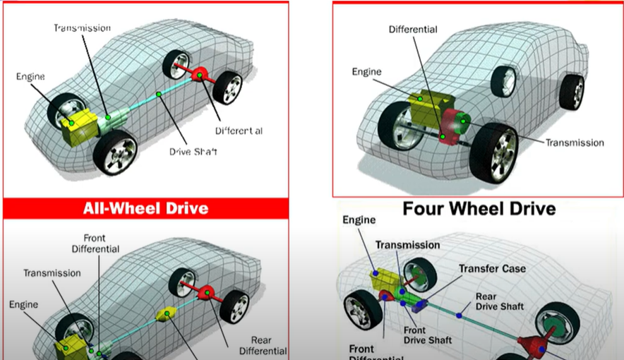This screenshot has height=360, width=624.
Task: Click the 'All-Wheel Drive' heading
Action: pos(146,208)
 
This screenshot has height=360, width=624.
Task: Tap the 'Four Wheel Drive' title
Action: pos(479,208)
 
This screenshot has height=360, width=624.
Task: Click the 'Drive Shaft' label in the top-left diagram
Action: pos(193,151)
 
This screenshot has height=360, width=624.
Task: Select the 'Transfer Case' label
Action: pos(492,269)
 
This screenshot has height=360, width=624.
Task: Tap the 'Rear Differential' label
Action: pos(263,345)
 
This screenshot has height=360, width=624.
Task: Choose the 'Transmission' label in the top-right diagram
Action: pos(575,143)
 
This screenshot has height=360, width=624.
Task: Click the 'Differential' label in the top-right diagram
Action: pos(413,30)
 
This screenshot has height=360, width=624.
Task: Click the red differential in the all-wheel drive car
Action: pos(206,292)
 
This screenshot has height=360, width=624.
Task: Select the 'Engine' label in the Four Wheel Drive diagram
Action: pos(359,220)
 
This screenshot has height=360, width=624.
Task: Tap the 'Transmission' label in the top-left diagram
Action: pos(83,28)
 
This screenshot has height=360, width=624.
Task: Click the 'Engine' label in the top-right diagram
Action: pos(366,72)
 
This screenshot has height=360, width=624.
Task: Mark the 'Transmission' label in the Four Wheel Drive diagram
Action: pos(407,245)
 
